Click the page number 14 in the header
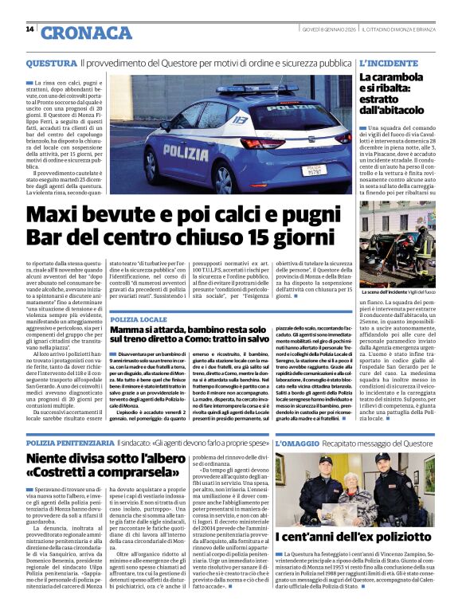tap(29, 29)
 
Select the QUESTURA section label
tap(51, 61)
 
